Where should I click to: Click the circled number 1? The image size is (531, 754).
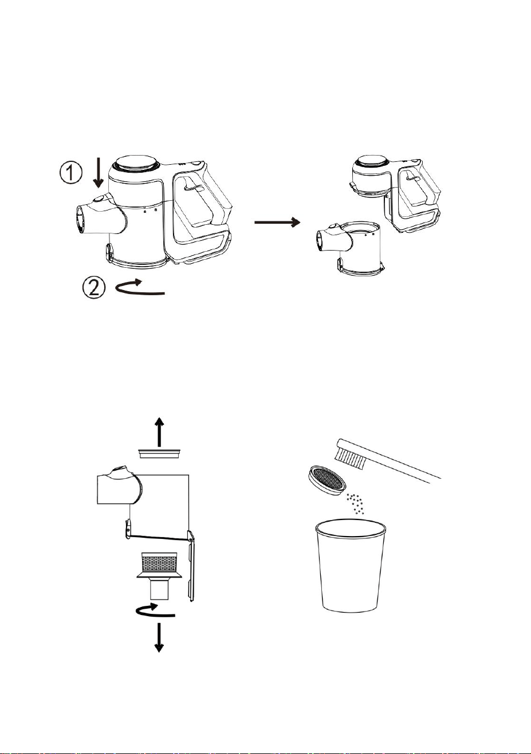[70, 173]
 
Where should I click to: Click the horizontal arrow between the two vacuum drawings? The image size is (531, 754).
[277, 222]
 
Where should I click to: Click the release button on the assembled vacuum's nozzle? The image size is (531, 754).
[98, 199]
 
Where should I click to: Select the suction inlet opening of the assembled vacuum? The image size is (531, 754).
[80, 220]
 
